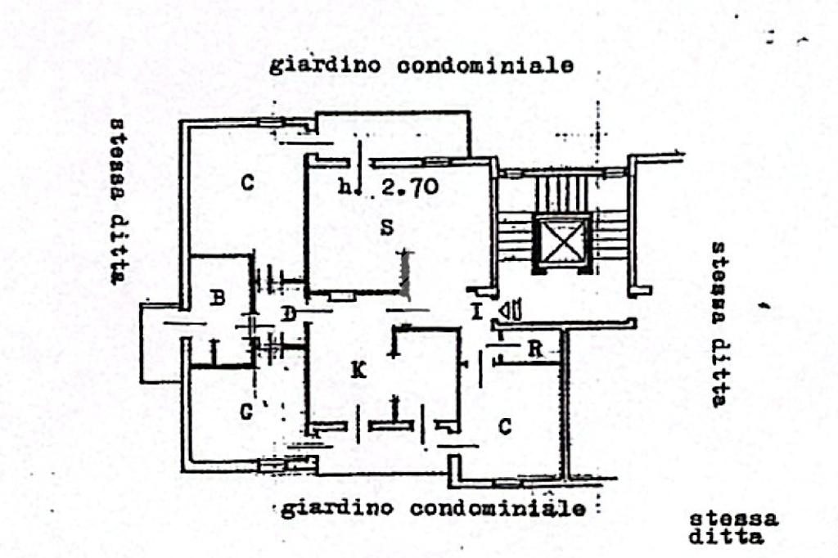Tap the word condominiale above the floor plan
(484, 66)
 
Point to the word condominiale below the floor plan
(498, 509)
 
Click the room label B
(217, 299)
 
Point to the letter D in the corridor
(287, 313)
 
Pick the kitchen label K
(358, 371)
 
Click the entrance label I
(476, 312)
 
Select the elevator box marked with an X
(561, 241)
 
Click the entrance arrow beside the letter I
(510, 310)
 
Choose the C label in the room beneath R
(506, 426)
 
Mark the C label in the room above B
(247, 183)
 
